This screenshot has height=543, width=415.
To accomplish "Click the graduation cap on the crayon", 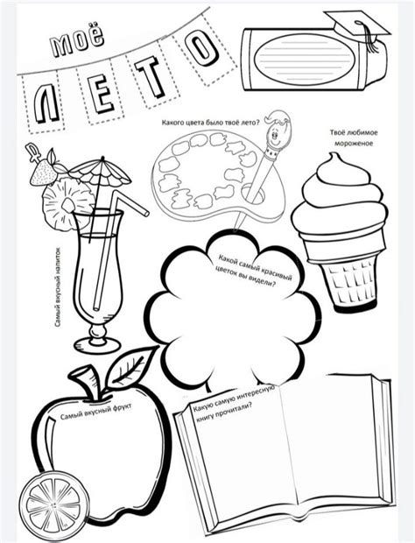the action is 358,26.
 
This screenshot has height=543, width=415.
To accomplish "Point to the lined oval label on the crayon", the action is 304,60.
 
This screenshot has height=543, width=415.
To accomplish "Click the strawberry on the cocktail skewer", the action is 42,172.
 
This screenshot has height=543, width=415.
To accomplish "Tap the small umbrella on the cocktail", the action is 100,173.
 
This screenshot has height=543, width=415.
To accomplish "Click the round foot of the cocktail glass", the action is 97,345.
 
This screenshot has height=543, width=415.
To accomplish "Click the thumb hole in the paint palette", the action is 253,194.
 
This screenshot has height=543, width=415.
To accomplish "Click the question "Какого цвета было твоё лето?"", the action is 211,123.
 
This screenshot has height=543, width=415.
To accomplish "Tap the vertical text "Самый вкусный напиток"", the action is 58,287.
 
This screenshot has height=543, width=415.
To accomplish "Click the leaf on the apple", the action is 129,370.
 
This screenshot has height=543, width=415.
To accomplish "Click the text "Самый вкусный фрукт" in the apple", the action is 96,412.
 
